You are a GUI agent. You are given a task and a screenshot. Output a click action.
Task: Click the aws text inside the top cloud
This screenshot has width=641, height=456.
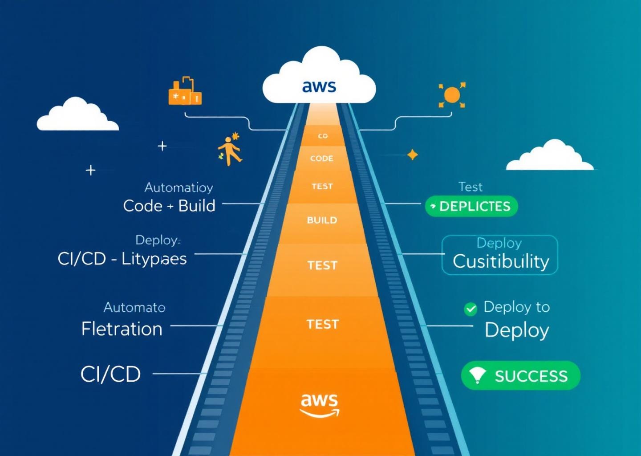[x=319, y=86]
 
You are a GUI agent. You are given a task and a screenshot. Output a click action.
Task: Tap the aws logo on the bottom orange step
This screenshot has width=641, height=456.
[x=319, y=404]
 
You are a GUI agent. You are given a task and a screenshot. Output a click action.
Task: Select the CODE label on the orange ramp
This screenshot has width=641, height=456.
[x=321, y=159]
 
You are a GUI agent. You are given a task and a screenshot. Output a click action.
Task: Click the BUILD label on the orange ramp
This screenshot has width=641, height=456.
[x=322, y=220]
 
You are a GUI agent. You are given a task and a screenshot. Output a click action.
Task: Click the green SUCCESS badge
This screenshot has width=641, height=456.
[x=520, y=376]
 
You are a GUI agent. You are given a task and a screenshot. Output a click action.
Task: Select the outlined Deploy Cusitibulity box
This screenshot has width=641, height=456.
[x=499, y=255]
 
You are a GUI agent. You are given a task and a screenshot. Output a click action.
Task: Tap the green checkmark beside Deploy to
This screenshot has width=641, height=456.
[x=471, y=309]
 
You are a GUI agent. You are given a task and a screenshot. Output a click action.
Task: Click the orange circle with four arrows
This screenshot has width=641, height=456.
[x=452, y=95]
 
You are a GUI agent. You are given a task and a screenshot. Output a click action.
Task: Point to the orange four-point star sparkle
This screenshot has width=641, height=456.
[x=413, y=155]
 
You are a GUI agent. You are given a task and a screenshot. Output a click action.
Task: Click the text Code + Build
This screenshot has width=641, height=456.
[x=169, y=206]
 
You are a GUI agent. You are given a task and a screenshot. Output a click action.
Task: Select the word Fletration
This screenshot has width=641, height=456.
[x=122, y=329]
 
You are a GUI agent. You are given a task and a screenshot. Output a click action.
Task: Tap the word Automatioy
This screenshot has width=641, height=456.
[x=179, y=187]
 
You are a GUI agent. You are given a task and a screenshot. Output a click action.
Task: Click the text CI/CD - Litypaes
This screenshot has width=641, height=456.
[x=122, y=259]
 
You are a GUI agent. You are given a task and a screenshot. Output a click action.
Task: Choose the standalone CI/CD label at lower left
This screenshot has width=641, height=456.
[x=110, y=374]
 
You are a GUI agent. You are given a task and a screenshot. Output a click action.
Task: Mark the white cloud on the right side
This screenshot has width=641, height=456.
[x=550, y=157]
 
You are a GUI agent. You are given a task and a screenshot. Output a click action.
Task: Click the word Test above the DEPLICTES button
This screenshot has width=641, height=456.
[x=471, y=187]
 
